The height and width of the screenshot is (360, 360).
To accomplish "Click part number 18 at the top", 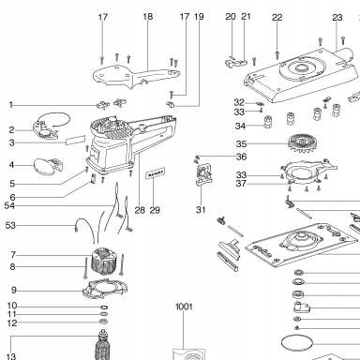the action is click(148, 17).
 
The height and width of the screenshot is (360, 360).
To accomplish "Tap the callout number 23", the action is click(337, 18).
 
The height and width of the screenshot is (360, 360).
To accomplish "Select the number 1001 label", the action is click(184, 307).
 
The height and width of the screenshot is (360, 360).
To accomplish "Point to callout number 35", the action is click(241, 144).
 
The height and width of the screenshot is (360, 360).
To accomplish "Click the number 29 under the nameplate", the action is click(155, 210).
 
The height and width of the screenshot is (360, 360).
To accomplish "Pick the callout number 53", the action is click(10, 225).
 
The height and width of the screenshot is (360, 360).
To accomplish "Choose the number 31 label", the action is click(201, 210).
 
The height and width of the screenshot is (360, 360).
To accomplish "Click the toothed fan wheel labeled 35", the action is click(300, 143).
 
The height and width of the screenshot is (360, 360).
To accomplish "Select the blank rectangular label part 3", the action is click(75, 141).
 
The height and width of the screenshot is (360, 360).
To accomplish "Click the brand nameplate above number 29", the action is click(156, 173).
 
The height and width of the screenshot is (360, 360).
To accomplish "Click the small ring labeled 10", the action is click(105, 307).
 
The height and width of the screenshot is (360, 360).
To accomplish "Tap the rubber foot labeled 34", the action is click(267, 122).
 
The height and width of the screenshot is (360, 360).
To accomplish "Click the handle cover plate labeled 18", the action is click(138, 77).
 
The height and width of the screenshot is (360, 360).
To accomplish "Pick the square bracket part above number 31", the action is click(203, 174).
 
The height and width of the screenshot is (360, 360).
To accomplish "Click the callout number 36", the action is click(241, 157).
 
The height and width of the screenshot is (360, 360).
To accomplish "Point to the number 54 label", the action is click(9, 206).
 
